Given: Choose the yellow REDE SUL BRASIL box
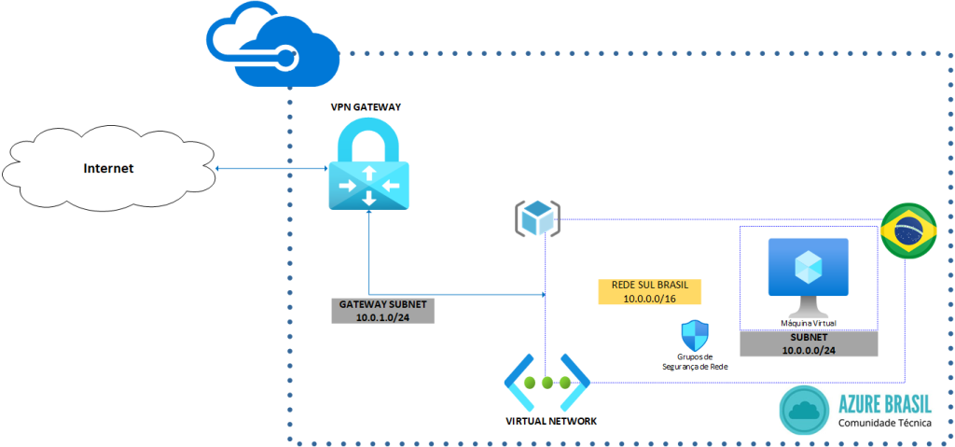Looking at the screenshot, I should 649,290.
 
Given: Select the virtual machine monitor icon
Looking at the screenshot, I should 808,274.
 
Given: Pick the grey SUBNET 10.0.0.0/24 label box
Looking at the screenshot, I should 809,343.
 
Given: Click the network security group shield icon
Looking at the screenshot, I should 696,334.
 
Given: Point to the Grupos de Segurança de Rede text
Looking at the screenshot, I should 695,361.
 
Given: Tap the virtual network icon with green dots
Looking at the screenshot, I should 547,383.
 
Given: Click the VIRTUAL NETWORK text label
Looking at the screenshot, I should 550,421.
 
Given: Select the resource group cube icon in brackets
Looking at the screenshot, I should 538,217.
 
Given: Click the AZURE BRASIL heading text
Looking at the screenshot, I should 884,404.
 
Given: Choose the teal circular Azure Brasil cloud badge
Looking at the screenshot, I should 803,411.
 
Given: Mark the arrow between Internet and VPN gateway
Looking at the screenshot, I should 270,169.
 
